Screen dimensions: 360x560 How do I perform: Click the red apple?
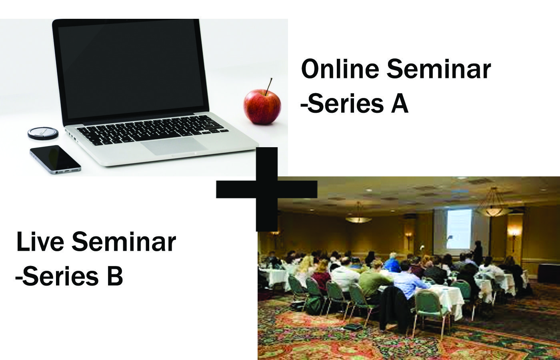262,107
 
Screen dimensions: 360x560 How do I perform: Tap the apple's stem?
268,86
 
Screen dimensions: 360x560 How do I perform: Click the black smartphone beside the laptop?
55,159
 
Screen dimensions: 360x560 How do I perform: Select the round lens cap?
43,133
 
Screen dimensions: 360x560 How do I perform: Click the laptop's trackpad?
174,146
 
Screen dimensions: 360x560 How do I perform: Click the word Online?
340,69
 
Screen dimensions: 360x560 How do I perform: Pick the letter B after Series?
114,276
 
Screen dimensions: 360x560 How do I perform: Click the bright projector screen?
459,228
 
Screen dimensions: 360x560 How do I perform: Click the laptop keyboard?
152,129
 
